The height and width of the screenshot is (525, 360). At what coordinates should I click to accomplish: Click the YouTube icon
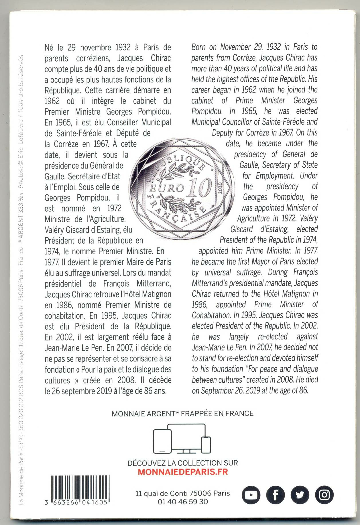[251, 495]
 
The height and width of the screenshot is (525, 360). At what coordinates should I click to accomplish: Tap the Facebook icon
[276, 495]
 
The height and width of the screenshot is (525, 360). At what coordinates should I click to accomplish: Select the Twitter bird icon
[300, 495]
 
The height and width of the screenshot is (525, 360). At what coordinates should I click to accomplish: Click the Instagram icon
[324, 495]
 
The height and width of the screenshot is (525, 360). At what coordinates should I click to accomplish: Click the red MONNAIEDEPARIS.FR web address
[183, 472]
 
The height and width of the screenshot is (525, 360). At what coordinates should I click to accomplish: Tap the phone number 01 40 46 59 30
[183, 502]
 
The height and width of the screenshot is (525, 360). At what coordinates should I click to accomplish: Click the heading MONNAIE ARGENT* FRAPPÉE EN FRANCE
[183, 414]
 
